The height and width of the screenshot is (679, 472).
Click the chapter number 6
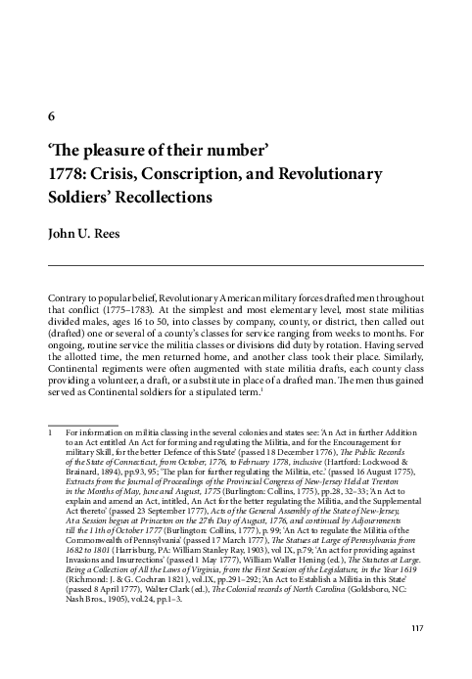51,116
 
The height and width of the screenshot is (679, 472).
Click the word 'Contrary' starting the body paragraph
66,294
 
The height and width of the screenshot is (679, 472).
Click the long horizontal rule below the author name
235,266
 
